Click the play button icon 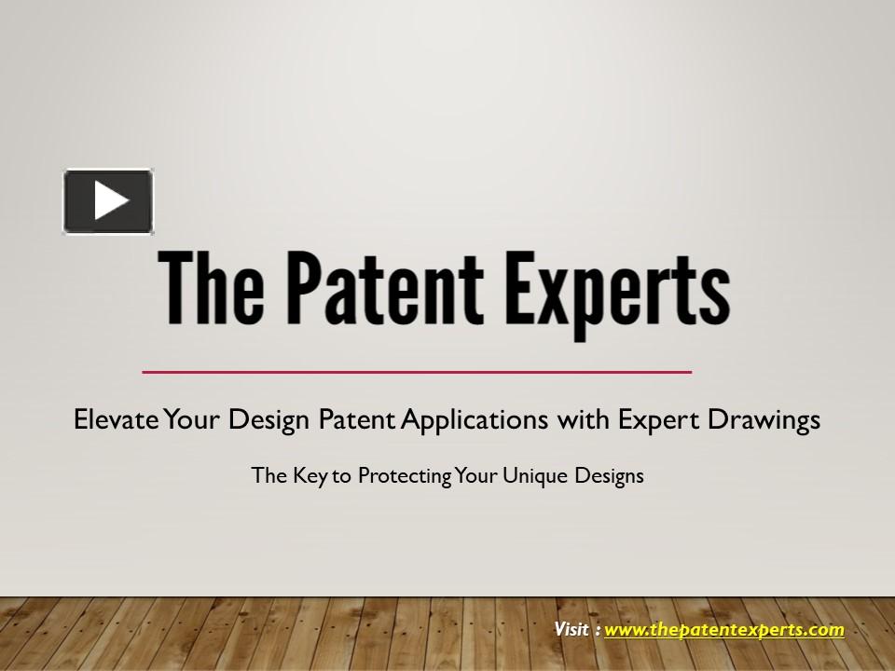tap(108, 200)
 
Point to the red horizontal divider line tap(417, 372)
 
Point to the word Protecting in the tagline tap(406, 475)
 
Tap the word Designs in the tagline tap(607, 475)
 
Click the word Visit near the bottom tap(571, 629)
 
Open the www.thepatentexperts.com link tap(724, 629)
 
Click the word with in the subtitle tap(583, 420)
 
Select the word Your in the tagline tap(477, 475)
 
